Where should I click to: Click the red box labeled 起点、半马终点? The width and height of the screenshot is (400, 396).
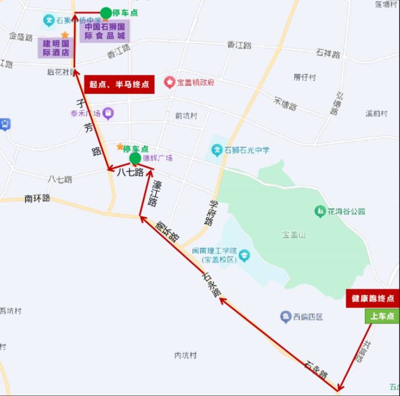tap(119, 84)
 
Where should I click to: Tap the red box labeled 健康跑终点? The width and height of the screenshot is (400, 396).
tap(372, 299)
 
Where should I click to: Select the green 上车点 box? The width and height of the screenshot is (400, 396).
tap(381, 316)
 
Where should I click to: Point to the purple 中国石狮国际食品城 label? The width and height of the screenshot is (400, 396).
tap(104, 31)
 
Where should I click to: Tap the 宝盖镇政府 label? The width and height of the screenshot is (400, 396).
tap(195, 82)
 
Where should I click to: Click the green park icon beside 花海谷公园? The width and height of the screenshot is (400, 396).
tap(319, 211)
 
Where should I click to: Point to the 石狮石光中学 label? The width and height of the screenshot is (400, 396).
tap(247, 150)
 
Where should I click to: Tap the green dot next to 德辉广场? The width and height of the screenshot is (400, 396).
tap(134, 159)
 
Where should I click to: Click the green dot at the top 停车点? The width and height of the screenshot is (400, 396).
tap(106, 12)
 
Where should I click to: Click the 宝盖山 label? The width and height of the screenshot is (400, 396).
tap(293, 234)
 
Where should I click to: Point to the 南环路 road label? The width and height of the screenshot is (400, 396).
tap(37, 198)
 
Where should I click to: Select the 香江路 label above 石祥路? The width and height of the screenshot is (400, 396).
tap(239, 45)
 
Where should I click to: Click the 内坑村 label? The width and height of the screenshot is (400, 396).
tap(185, 356)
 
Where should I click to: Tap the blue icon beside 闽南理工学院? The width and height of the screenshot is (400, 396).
tap(244, 256)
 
